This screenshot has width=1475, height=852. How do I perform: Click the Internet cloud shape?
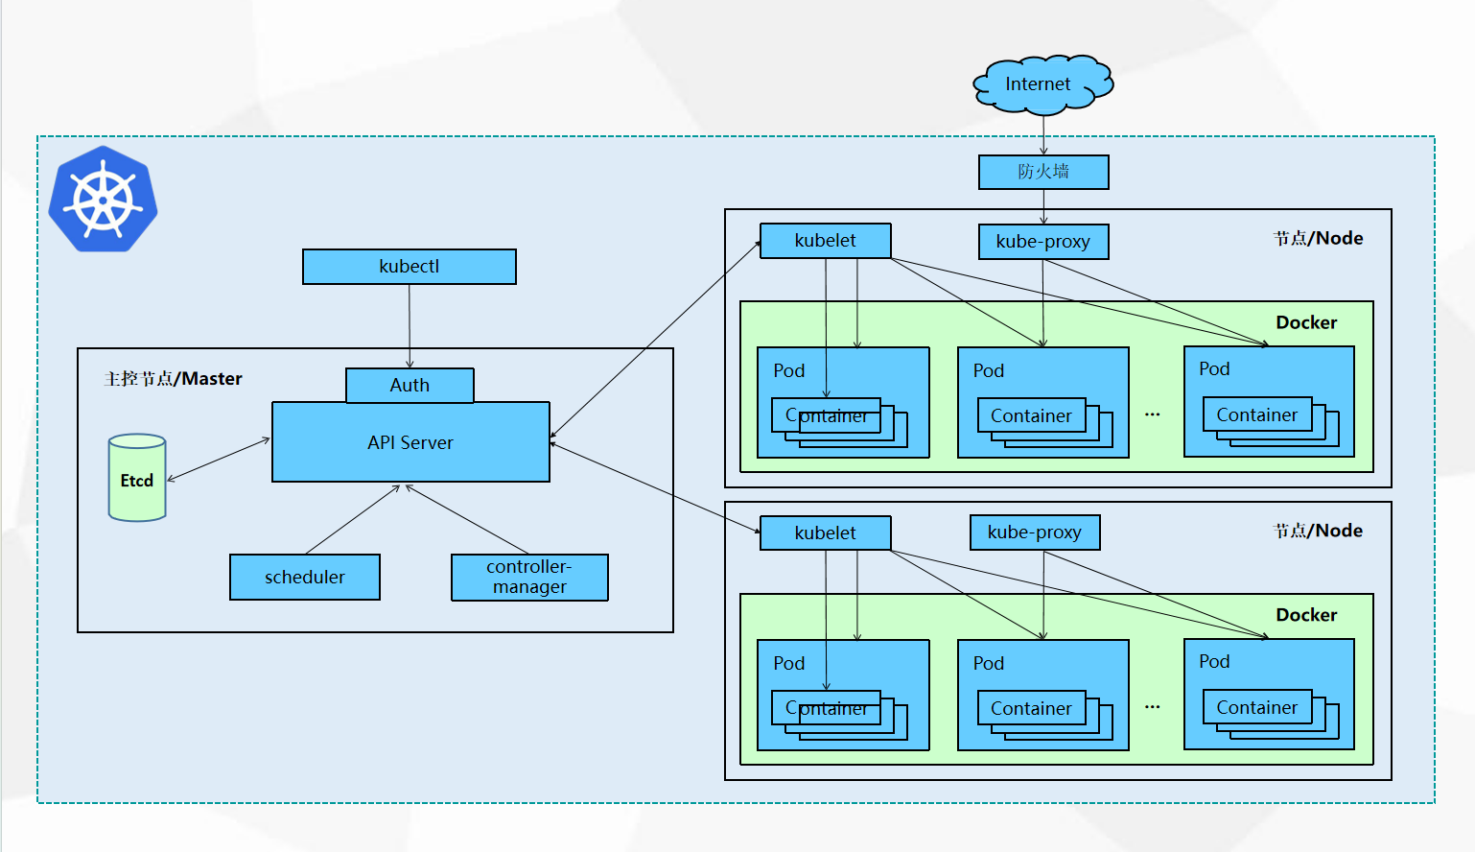click(1042, 84)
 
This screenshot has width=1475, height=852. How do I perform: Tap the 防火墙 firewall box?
click(1043, 172)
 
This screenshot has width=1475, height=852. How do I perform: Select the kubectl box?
click(410, 267)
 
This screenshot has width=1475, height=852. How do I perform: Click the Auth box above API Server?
click(410, 386)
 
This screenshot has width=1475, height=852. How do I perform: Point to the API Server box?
click(410, 442)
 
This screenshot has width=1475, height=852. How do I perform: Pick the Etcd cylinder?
click(137, 479)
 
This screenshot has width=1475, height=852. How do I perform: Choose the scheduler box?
click(305, 577)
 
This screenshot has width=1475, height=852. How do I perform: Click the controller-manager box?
click(529, 578)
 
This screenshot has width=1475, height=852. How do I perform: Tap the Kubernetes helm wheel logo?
click(103, 200)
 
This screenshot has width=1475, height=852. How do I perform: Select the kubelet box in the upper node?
click(825, 241)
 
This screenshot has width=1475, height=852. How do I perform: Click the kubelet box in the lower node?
click(825, 533)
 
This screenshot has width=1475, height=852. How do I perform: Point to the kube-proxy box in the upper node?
click(1043, 242)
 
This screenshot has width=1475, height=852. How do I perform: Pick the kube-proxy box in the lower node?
click(1035, 532)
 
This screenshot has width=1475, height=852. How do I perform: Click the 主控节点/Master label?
click(174, 379)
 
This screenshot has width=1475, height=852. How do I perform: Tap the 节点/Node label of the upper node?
click(1318, 239)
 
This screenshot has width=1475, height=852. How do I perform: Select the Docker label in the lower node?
click(1306, 615)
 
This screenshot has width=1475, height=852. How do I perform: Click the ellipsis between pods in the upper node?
click(1152, 414)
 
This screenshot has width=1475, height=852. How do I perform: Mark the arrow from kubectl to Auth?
click(410, 326)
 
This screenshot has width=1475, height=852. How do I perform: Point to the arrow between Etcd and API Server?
click(219, 459)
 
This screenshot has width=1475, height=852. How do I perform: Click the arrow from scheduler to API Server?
click(352, 520)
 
